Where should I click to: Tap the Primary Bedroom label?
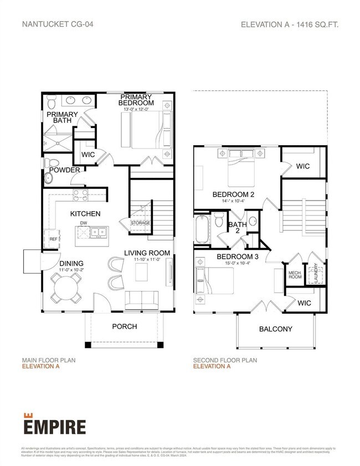(x=137, y=100)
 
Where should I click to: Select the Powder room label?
(x=65, y=170)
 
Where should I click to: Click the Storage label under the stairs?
(x=140, y=223)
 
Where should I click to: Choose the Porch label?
(x=125, y=326)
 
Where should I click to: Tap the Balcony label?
(x=276, y=329)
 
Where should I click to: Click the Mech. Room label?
(x=294, y=275)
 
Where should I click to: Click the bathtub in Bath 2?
(x=201, y=229)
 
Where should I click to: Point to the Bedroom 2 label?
(x=233, y=194)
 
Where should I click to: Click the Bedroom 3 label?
(x=237, y=257)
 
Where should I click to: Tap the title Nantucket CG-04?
(x=53, y=24)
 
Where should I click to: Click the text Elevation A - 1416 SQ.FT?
(x=289, y=24)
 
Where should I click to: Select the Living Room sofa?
(x=142, y=300)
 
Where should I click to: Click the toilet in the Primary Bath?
(x=51, y=100)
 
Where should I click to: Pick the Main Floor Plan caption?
(x=49, y=360)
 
